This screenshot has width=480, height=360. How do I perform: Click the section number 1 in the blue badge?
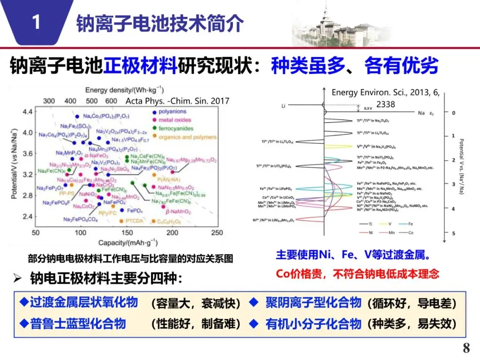(36, 22)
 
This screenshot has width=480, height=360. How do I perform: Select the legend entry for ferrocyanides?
(173, 128)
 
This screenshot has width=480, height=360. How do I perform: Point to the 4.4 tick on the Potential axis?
(28, 111)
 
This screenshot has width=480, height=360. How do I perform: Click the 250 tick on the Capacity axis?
(216, 233)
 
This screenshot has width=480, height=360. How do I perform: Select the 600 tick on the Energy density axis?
(111, 101)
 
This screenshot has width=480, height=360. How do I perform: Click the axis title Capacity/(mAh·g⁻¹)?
(122, 243)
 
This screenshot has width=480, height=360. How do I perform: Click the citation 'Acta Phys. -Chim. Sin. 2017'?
(177, 101)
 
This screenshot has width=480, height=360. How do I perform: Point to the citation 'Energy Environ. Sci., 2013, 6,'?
(385, 92)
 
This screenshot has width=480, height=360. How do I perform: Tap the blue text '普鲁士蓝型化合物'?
(78, 323)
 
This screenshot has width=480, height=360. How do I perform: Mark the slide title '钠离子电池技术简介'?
(160, 23)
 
